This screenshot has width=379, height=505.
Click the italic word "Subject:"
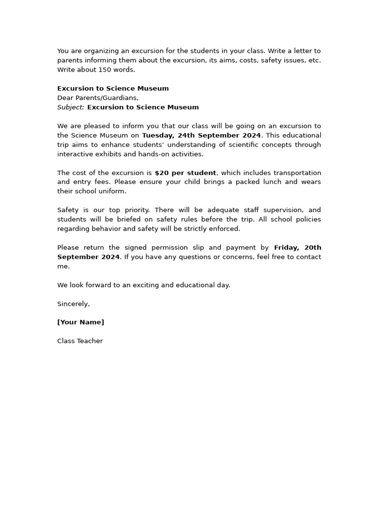coord(71,107)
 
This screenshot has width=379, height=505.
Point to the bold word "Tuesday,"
coord(156,135)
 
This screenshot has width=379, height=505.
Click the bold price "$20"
coord(162,173)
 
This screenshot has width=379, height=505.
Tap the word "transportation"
coord(296,173)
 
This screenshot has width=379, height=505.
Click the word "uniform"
coord(112,191)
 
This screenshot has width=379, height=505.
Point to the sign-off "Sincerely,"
coord(74,304)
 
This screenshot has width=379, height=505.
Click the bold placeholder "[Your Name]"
coord(80,323)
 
